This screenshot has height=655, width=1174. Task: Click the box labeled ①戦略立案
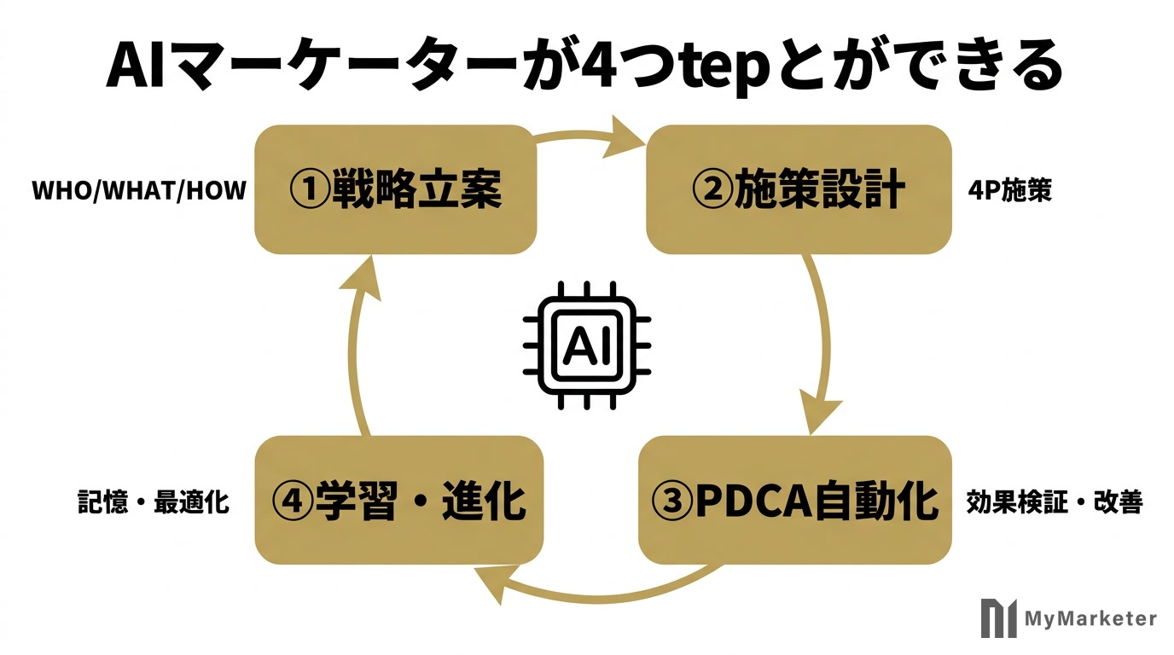point(396,189)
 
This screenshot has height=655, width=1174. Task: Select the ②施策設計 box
point(799,189)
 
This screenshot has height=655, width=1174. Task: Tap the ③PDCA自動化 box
point(795,501)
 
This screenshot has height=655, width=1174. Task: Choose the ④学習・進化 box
point(398,501)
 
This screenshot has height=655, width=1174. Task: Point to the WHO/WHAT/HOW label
point(138,190)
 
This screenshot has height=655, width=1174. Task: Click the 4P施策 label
point(1010,190)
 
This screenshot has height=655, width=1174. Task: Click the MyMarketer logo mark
point(998,618)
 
